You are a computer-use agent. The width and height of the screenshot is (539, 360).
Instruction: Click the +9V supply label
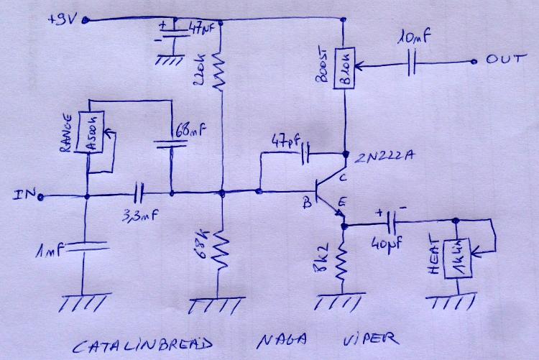[x=61, y=19]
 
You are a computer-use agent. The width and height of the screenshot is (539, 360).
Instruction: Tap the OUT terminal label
[x=502, y=61]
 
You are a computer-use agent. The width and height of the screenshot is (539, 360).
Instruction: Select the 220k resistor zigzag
[x=221, y=73]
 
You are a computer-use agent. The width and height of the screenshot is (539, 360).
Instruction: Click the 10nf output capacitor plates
[x=413, y=63]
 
